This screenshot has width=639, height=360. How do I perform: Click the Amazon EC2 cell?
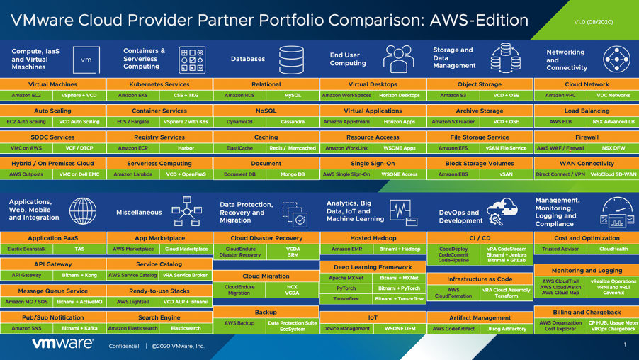click(x=26, y=95)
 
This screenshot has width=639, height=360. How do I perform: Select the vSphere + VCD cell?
click(x=79, y=95)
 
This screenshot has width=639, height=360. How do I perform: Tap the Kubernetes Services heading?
click(x=159, y=84)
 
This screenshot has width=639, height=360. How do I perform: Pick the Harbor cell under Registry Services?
click(x=186, y=148)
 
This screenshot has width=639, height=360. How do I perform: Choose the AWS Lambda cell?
click(x=132, y=174)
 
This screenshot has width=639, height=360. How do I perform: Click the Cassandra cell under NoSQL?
click(x=293, y=122)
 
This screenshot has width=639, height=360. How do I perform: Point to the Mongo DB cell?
click(x=293, y=174)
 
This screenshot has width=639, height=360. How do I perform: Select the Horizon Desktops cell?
click(x=399, y=95)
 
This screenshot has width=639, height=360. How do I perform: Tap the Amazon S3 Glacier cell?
click(x=453, y=122)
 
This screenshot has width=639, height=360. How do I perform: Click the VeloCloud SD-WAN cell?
click(x=613, y=174)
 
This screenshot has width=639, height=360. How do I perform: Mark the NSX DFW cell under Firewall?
click(x=613, y=148)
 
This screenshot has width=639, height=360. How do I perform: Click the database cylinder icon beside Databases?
click(x=290, y=60)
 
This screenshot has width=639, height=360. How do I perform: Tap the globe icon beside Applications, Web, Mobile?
click(x=83, y=211)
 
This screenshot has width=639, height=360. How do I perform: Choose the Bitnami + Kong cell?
click(x=79, y=276)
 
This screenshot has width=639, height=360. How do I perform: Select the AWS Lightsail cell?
click(x=132, y=302)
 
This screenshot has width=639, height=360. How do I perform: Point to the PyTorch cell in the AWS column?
click(x=346, y=288)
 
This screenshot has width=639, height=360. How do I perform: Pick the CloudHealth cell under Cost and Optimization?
click(x=613, y=249)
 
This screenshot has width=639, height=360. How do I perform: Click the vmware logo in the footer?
click(x=62, y=344)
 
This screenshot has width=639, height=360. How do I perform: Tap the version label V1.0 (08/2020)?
click(x=594, y=22)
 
